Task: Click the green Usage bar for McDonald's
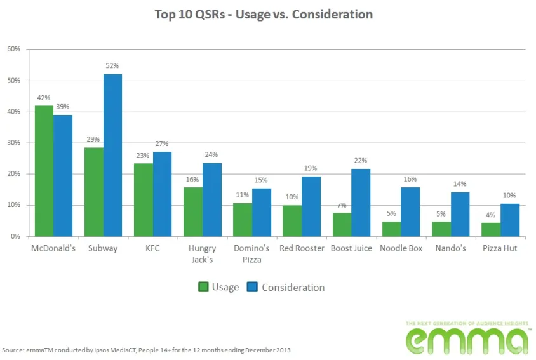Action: (x=44, y=171)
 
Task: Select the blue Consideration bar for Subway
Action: (x=112, y=156)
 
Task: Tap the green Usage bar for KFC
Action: (x=144, y=200)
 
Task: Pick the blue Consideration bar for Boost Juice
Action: (x=361, y=203)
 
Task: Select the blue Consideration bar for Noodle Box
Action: (x=411, y=212)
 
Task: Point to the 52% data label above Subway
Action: (x=112, y=66)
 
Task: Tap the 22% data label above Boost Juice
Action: (x=361, y=161)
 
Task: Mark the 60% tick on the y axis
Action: (x=14, y=49)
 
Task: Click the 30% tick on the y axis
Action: (x=14, y=143)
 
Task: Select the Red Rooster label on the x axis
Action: (x=302, y=248)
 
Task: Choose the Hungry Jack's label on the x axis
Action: (x=203, y=253)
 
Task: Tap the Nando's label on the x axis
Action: (x=450, y=248)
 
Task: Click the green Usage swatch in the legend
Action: (x=203, y=287)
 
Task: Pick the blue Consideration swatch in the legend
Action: (x=251, y=287)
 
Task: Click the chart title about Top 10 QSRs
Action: (x=264, y=14)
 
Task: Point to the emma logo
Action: (x=467, y=338)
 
